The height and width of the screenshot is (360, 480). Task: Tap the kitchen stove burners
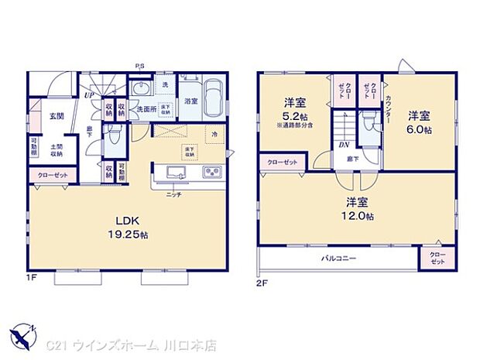tap(212, 171)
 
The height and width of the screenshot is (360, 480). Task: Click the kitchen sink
tap(174, 171)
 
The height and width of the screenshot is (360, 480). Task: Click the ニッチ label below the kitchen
tap(173, 194)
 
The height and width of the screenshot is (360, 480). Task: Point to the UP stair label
tap(90, 96)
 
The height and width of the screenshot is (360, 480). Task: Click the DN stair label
tap(341, 145)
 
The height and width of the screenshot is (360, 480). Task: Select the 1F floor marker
tap(33, 275)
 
